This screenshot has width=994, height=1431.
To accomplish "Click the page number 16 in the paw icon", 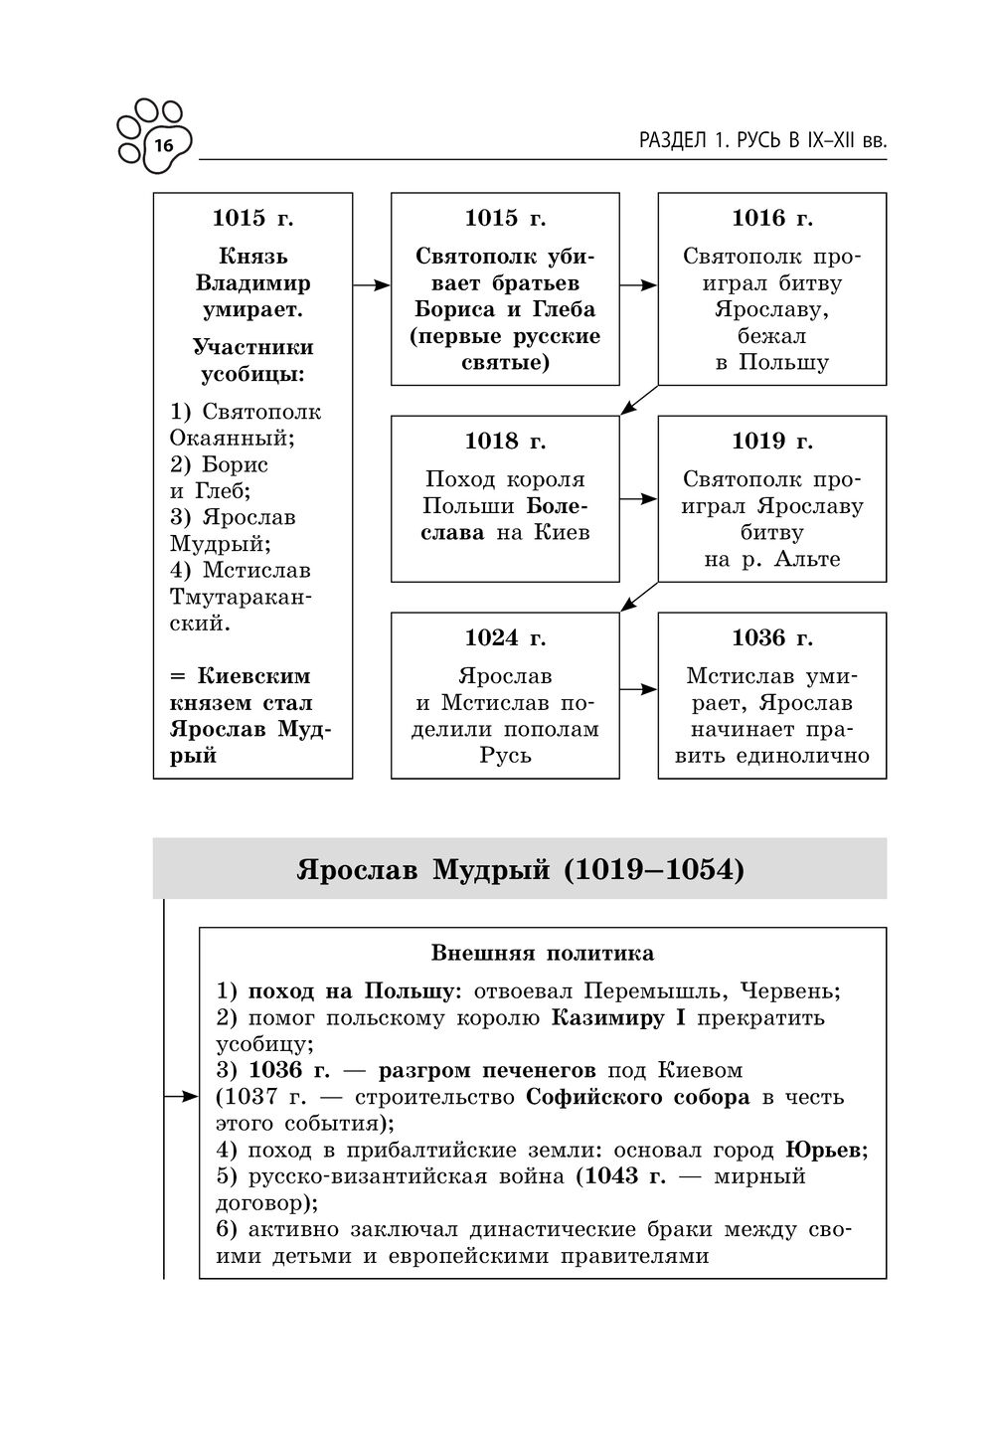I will click(x=163, y=145).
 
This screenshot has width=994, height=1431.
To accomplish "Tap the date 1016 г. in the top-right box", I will click(x=771, y=218).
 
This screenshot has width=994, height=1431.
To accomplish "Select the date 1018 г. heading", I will click(x=505, y=441).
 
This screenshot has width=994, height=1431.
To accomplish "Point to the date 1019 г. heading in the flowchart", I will click(x=771, y=441).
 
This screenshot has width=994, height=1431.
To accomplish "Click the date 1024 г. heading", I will click(x=505, y=637).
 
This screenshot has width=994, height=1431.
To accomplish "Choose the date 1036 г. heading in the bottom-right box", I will click(x=771, y=637).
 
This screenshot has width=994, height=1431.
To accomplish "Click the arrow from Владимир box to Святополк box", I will click(x=371, y=285).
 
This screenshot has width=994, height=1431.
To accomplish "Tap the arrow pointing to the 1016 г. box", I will click(x=638, y=285).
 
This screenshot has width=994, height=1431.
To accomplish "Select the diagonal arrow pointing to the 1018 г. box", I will click(x=639, y=399).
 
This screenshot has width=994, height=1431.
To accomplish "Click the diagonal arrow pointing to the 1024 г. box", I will click(x=639, y=596).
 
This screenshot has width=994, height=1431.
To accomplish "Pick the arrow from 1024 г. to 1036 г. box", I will click(x=638, y=688).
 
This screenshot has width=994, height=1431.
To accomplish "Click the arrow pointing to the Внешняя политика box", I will click(x=181, y=1097).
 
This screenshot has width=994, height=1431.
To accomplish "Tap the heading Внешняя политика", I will click(x=542, y=954).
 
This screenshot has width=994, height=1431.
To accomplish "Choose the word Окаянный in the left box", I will click(x=232, y=438).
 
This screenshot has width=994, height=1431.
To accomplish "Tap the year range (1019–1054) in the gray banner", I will click(x=654, y=870).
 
